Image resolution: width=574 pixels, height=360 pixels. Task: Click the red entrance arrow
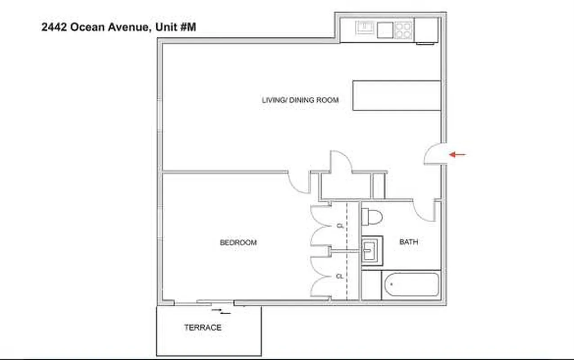(458, 155)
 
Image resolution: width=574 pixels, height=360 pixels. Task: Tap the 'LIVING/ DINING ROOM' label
(300, 100)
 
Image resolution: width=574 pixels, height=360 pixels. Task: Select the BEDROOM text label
(238, 243)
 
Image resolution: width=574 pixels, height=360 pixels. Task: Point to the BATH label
(409, 242)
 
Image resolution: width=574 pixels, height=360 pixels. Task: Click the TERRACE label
(203, 328)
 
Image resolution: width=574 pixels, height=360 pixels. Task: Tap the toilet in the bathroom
(371, 216)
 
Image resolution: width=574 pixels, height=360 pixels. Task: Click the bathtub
(410, 284)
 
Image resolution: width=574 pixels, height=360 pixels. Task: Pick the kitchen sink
(364, 28)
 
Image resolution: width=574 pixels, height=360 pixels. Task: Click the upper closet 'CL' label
(340, 226)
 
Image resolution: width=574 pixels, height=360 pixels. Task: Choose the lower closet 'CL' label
(340, 276)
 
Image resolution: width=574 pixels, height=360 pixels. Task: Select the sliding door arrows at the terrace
(221, 310)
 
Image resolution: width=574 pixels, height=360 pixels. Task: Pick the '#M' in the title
(188, 27)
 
